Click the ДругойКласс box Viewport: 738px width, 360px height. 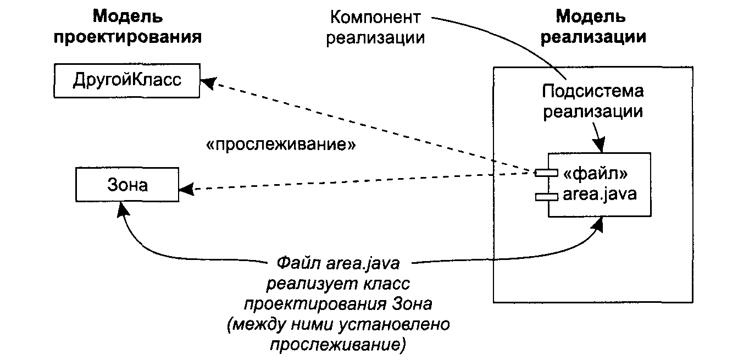tap(126, 81)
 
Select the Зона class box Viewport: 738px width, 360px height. tap(127, 185)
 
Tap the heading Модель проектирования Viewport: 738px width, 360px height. tap(127, 27)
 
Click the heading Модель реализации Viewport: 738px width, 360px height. tap(591, 27)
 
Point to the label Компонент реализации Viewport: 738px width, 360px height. tap(375, 27)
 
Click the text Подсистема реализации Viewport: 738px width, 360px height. tap(592, 101)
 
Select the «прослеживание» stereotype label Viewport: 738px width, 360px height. tap(280, 145)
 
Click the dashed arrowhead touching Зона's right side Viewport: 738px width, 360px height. tap(187, 191)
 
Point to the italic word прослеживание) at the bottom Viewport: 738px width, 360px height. tap(337, 345)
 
